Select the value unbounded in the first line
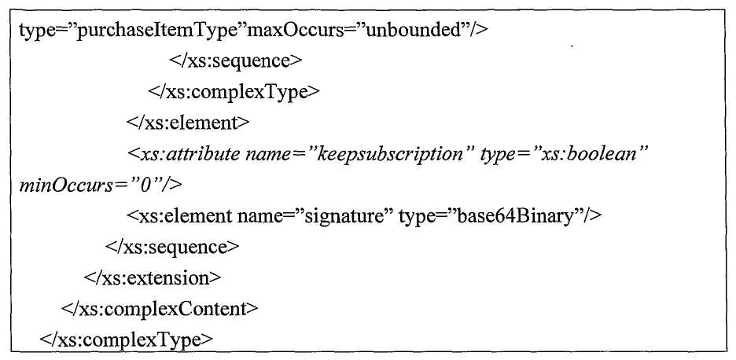point(413,31)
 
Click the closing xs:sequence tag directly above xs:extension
point(173,248)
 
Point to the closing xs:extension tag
point(153,278)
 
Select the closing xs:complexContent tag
point(160,310)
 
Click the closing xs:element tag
point(188,123)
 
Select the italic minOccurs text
point(64,186)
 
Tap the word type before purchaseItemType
point(35,31)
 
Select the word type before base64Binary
point(415,217)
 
